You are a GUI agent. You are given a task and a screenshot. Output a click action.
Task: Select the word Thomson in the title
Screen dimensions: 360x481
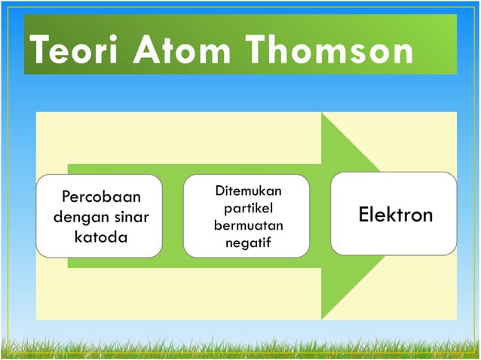[329, 52]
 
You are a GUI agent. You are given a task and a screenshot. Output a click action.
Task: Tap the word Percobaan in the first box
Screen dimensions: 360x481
[101, 198]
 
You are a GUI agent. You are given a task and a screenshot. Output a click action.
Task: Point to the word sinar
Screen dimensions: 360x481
[131, 218]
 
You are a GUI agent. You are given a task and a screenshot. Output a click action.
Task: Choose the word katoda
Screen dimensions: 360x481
[101, 237]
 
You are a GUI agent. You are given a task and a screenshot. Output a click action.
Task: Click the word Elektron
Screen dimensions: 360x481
[395, 215]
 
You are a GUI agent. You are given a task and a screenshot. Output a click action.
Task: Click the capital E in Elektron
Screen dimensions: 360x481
[363, 215]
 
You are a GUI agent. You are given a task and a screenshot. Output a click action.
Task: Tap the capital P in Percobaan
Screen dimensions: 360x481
[66, 198]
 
